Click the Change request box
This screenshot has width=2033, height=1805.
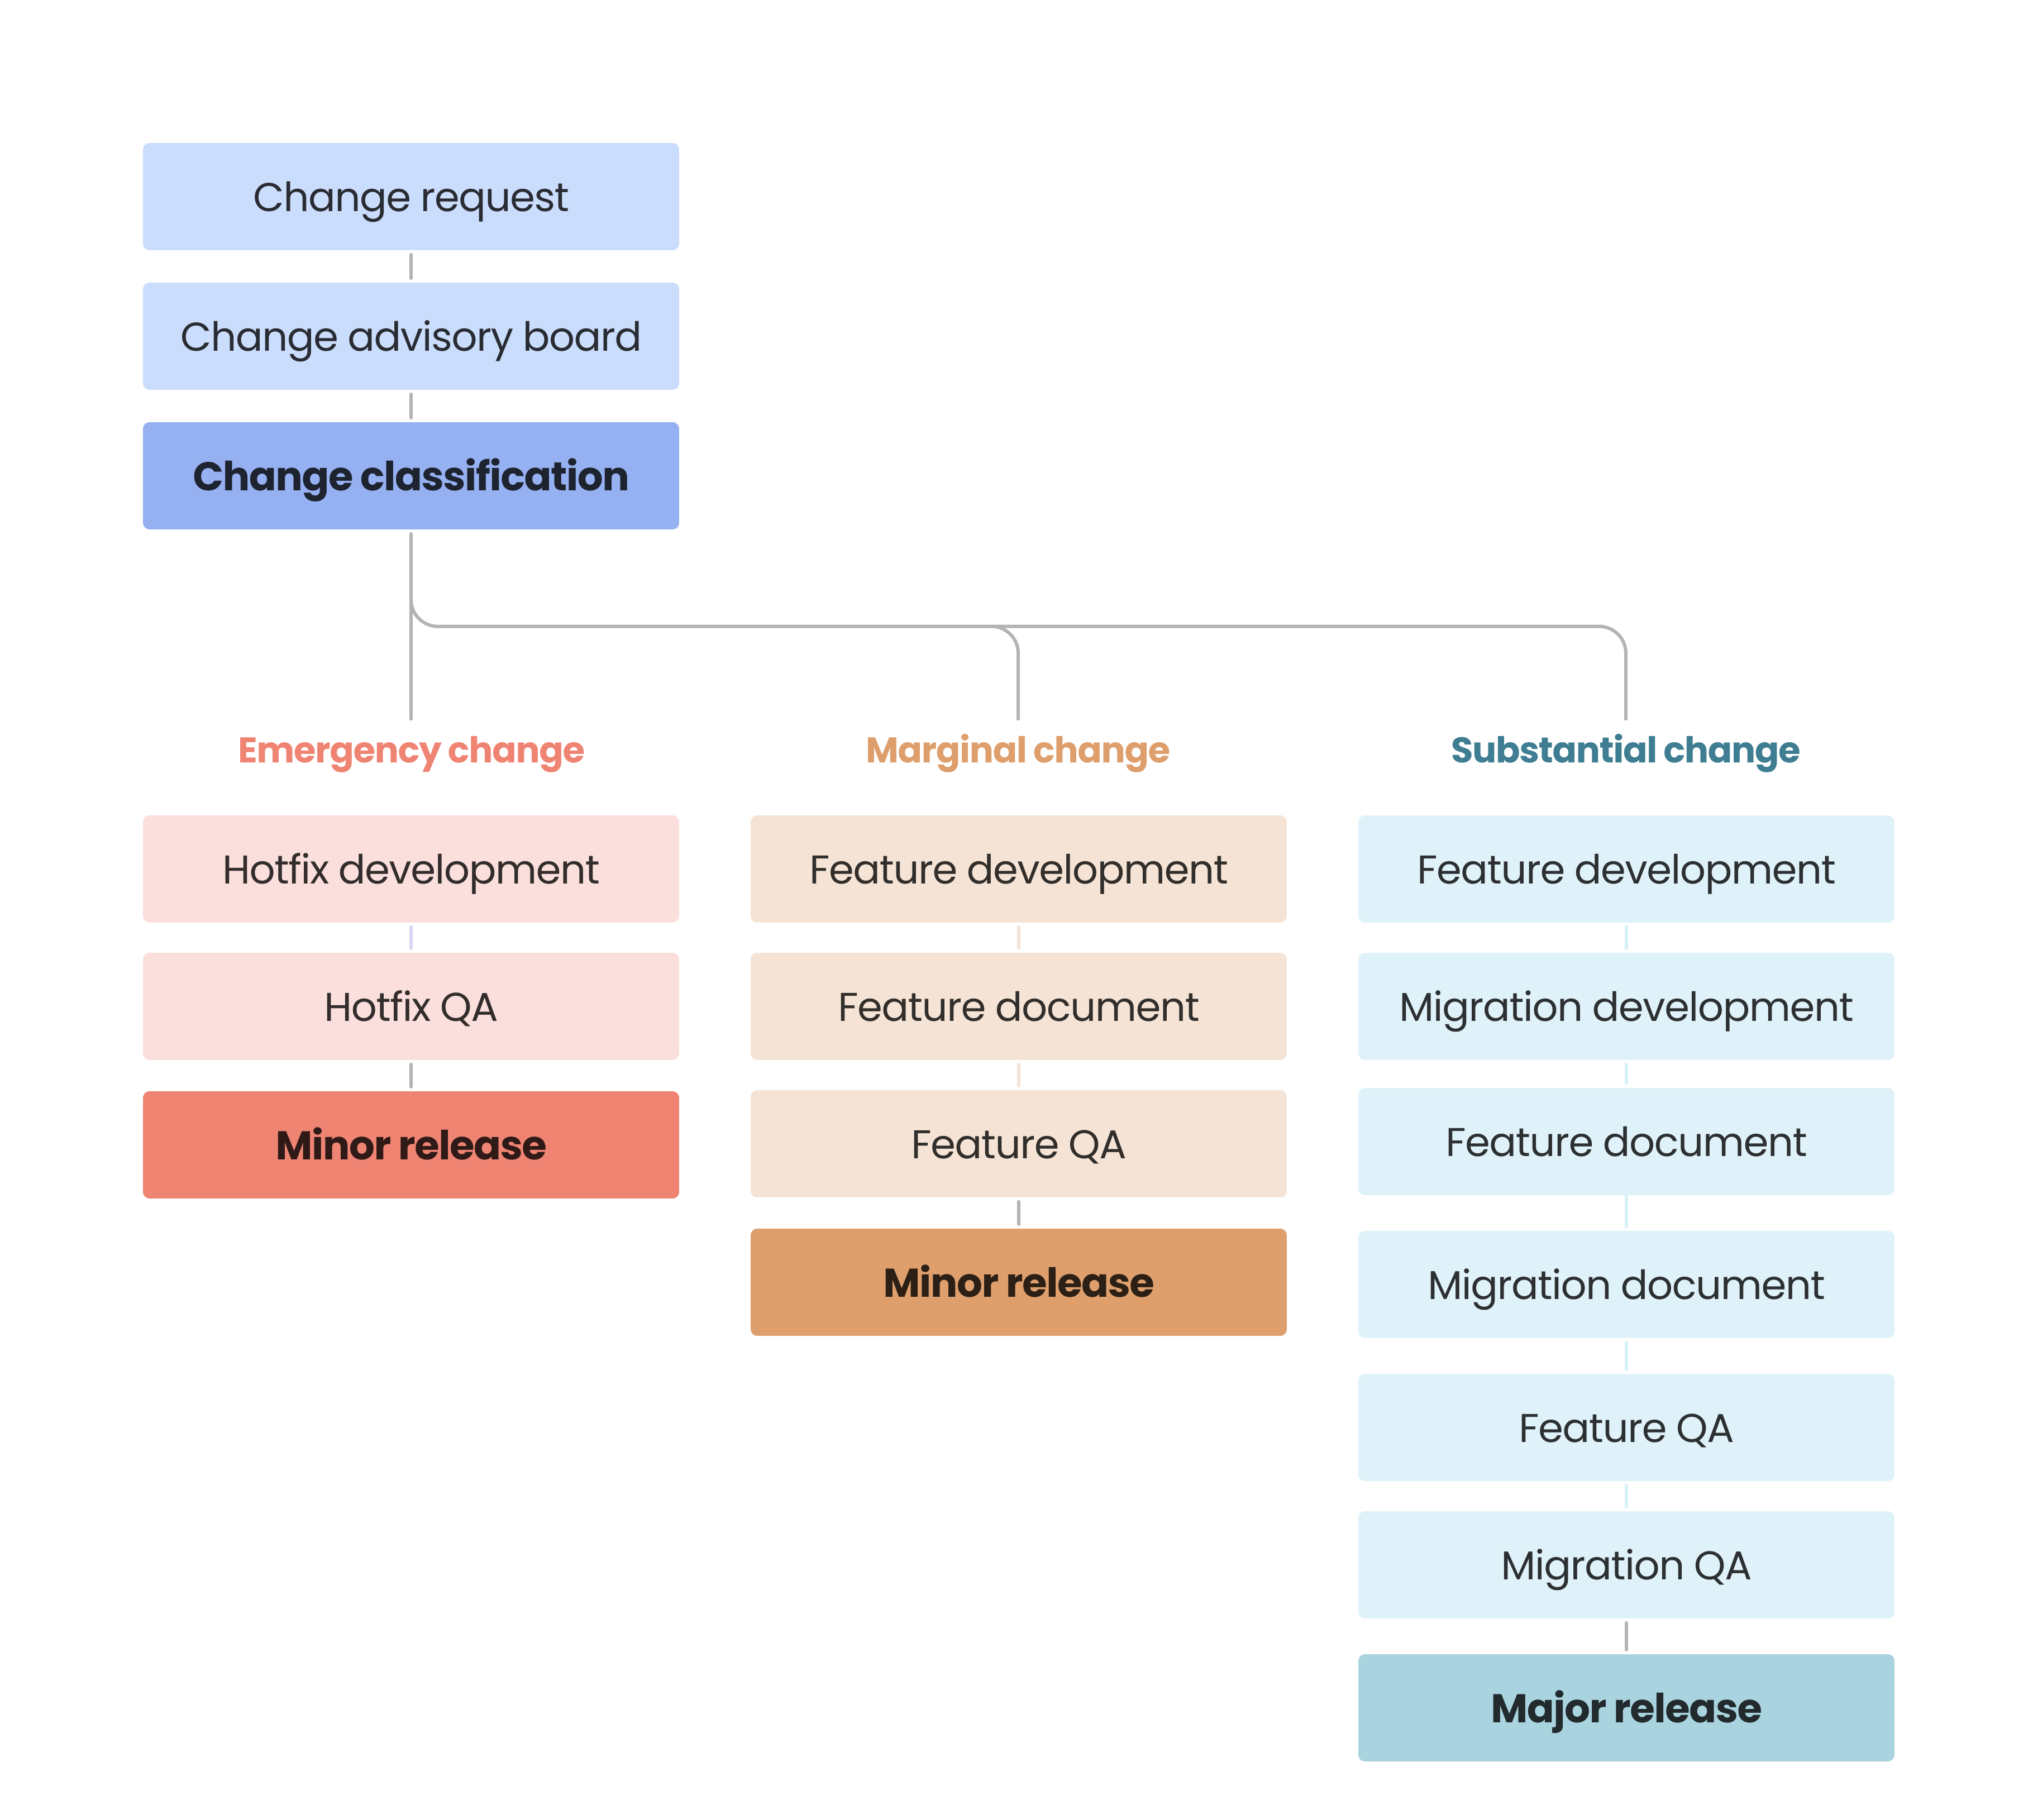[x=411, y=197]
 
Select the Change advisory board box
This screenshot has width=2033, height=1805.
[x=411, y=336]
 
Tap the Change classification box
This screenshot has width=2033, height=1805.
[x=411, y=476]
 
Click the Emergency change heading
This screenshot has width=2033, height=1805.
[x=411, y=750]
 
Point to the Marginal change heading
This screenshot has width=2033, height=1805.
[x=1018, y=750]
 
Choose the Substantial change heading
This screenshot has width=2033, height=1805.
[x=1625, y=750]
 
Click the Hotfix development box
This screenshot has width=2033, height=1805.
[x=411, y=869]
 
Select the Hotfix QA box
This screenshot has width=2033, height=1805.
[x=411, y=1006]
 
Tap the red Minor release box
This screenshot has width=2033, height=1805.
[x=411, y=1145]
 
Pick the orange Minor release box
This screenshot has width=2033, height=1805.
[x=1018, y=1282]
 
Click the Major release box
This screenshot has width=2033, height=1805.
[x=1625, y=1707]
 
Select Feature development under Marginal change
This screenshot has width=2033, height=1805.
[x=1018, y=869]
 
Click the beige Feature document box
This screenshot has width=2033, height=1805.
[x=1018, y=1006]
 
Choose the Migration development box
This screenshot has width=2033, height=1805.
[x=1625, y=1006]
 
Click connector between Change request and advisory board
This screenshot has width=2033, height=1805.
[x=411, y=266]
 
